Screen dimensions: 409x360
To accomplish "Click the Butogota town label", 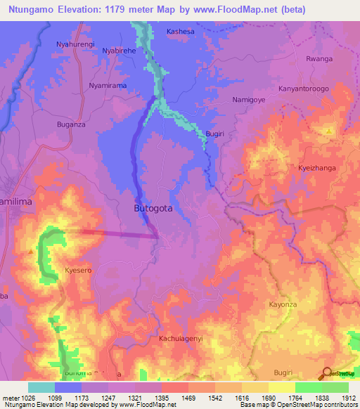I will coord(153,209).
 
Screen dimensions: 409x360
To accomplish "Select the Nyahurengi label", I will coord(75,44).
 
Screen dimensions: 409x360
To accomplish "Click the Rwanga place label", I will coord(319,59).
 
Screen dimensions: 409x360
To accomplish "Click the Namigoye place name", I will coord(250,100).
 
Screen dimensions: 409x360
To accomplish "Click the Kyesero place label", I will coord(78,270).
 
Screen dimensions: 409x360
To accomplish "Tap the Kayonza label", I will coord(284,304).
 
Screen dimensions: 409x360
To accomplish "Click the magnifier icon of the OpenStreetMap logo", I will coord(327,372).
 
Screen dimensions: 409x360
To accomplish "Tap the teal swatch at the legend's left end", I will coord(41,387).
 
